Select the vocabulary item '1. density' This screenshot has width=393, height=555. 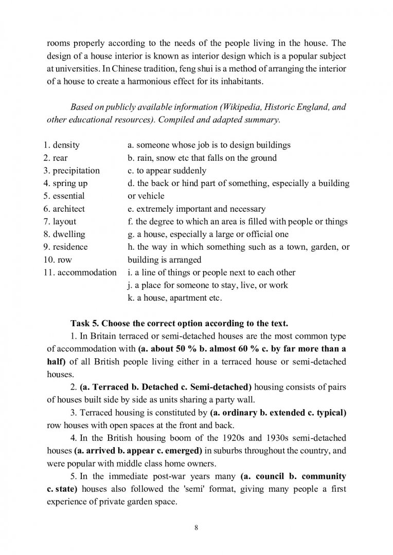coord(61,145)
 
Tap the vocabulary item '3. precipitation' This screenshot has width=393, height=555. coord(72,171)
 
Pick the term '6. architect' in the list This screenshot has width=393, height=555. coord(64,209)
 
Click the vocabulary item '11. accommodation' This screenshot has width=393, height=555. coord(80,272)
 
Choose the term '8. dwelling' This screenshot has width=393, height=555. coord(64,234)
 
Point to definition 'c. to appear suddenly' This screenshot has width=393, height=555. coord(167,171)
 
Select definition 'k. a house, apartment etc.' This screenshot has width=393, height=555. coord(175,298)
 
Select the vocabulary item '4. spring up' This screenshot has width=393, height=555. coord(65,183)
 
